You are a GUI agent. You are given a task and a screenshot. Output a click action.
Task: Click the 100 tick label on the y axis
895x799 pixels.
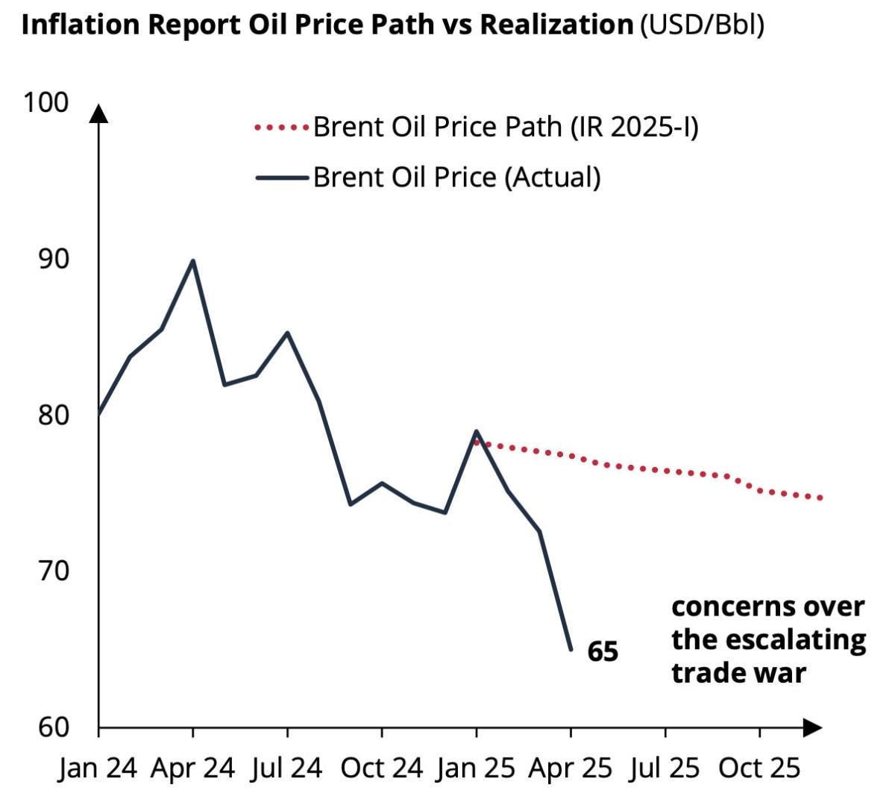coord(45,102)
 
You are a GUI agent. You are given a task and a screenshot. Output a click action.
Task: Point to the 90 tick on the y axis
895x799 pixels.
coord(52,259)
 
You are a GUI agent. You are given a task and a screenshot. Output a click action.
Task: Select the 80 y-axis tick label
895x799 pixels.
coord(52,415)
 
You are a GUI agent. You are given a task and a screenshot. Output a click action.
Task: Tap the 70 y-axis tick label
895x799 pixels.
coord(52,571)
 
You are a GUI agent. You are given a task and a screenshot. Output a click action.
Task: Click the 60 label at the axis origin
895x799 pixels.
coord(52,727)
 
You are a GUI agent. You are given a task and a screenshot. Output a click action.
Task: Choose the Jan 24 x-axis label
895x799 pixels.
coord(98,768)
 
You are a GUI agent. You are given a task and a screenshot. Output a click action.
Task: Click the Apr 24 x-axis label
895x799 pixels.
coord(192,768)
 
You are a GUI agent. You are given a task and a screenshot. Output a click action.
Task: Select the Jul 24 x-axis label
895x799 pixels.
coord(287,768)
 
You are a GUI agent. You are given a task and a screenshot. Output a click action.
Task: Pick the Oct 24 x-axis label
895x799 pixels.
coord(382,768)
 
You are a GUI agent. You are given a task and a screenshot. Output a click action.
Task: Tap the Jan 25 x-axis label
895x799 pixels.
coord(476,768)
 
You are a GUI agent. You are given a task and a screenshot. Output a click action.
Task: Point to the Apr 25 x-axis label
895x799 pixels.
coord(571,768)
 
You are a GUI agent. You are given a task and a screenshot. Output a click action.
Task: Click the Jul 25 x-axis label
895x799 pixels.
coord(665,768)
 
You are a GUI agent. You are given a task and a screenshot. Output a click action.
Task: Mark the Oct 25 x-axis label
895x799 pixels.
coord(759,768)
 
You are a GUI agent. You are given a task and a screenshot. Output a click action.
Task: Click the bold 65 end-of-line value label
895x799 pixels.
coord(603,652)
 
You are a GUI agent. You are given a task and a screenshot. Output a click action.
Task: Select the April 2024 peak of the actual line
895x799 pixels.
coord(193,260)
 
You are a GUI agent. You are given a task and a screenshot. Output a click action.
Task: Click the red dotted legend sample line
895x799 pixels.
coord(281,128)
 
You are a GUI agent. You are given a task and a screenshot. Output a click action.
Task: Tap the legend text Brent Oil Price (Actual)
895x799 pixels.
coord(456,178)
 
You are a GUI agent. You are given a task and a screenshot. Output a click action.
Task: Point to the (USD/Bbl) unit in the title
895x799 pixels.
coord(702,25)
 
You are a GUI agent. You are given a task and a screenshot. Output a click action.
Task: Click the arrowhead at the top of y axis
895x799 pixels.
coord(98,113)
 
